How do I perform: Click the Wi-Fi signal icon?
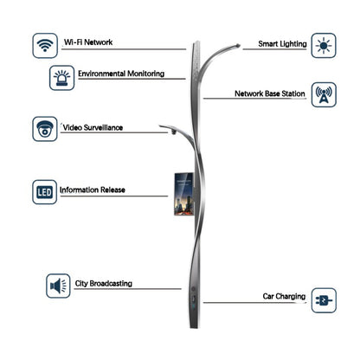45,46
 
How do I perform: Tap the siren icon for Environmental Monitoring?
62,78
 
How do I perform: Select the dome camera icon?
45,129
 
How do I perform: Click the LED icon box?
44,192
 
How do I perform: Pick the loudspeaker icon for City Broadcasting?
58,286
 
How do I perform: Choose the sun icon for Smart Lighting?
324,46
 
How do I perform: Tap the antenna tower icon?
324,95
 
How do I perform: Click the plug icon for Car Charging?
324,300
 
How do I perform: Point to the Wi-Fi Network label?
88,42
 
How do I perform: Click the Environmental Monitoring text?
121,74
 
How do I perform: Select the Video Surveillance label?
93,127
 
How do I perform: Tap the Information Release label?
93,190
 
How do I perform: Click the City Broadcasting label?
104,284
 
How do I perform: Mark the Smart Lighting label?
282,44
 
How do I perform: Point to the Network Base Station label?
270,93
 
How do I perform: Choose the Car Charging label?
284,296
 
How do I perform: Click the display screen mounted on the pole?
183,194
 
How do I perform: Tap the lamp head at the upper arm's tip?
237,45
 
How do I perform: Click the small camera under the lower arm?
173,132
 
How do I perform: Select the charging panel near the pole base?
194,302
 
